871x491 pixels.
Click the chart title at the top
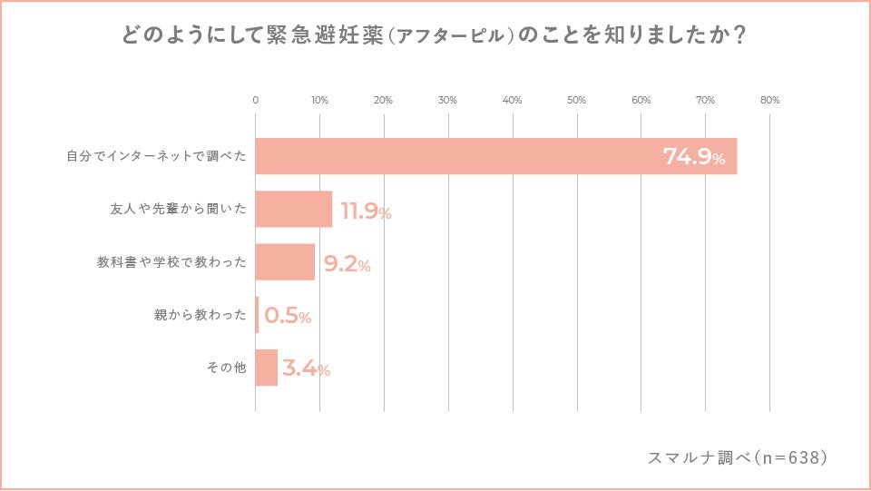click(x=435, y=35)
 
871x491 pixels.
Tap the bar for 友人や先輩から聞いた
click(x=293, y=209)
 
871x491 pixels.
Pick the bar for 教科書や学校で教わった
click(x=285, y=261)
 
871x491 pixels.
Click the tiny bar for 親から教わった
click(x=258, y=315)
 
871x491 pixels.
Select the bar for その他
click(x=266, y=368)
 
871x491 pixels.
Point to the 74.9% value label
click(x=694, y=157)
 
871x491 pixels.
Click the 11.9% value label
click(x=366, y=212)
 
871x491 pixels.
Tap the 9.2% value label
click(x=347, y=265)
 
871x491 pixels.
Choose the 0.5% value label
click(x=288, y=317)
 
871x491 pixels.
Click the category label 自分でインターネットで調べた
click(x=156, y=157)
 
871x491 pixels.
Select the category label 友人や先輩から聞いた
click(x=172, y=210)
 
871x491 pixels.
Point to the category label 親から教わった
click(x=201, y=316)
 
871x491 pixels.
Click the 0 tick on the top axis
click(x=255, y=100)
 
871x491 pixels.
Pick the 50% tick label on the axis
click(x=576, y=100)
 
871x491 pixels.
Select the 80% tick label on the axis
click(x=769, y=100)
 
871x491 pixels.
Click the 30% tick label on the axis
click(x=447, y=100)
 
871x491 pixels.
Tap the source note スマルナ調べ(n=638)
click(x=738, y=457)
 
